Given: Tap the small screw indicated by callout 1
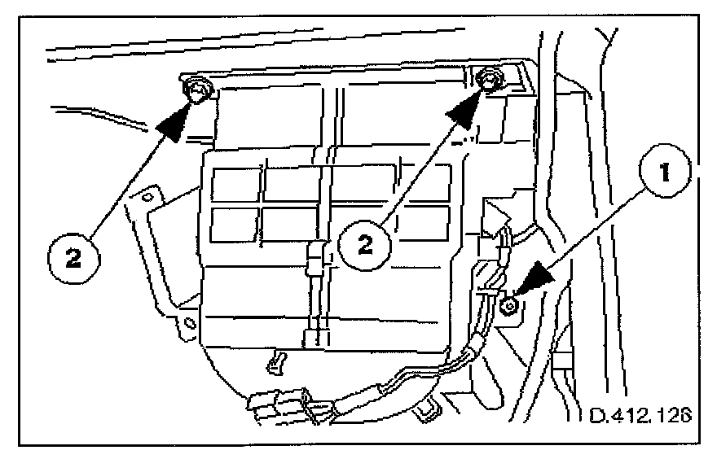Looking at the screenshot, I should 508,306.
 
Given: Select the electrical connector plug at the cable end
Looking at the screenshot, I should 282,404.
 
